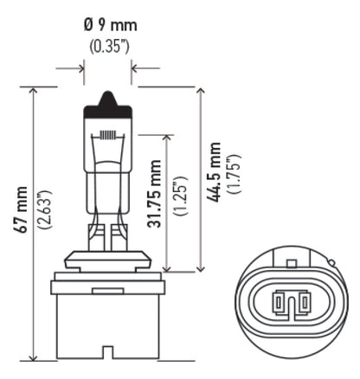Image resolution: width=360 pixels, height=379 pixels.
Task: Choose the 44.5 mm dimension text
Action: pyautogui.click(x=214, y=173)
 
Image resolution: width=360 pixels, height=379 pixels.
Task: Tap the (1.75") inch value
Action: pyautogui.click(x=235, y=173)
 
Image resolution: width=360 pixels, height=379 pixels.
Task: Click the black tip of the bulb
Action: pyautogui.click(x=108, y=100)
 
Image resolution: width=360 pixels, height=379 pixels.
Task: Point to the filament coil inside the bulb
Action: pyautogui.click(x=108, y=136)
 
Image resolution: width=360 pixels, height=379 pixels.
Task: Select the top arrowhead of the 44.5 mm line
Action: pyautogui.click(x=200, y=90)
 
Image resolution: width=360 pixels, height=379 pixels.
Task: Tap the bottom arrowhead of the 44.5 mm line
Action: pyautogui.click(x=200, y=267)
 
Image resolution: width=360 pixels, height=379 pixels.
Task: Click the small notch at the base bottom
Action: pyautogui.click(x=108, y=352)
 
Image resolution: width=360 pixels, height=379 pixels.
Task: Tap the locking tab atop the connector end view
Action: pyautogui.click(x=291, y=259)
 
